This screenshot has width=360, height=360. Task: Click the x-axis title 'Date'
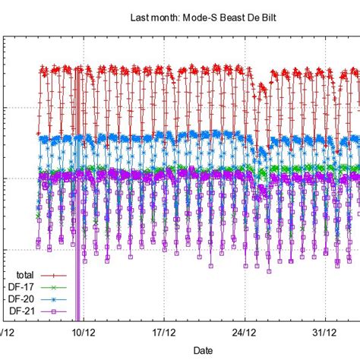click(202, 350)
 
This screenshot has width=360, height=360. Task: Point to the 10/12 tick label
click(83, 332)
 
